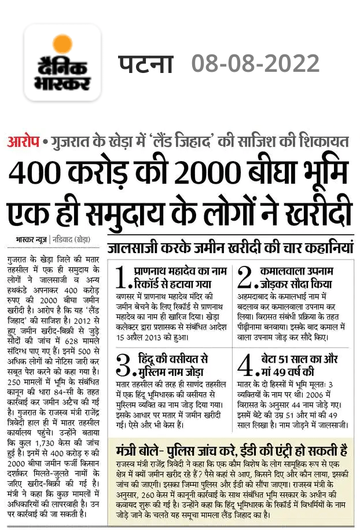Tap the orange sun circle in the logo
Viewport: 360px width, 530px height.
(x=63, y=45)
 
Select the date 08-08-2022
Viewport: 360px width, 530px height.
(x=255, y=63)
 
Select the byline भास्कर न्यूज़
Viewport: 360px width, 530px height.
(x=34, y=239)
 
